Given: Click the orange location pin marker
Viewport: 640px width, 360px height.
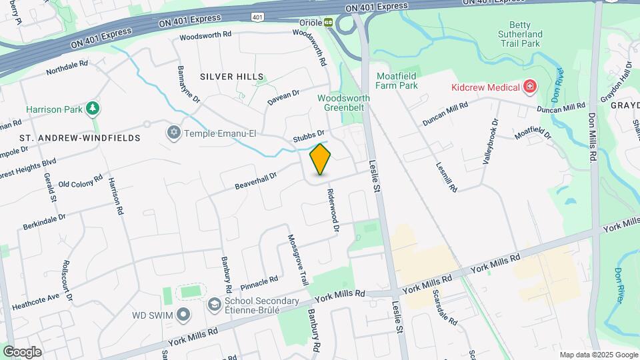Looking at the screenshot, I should [x=321, y=159].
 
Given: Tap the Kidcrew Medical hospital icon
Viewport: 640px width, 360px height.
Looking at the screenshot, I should [x=531, y=87].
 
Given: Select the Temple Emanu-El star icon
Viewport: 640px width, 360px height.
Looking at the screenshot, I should [x=174, y=133].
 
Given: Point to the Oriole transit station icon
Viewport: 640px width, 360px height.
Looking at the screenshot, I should [x=329, y=22].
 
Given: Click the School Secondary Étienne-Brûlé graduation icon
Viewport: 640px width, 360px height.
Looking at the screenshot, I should [x=215, y=305].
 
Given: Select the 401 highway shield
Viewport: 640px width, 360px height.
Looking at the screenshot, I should [x=258, y=15].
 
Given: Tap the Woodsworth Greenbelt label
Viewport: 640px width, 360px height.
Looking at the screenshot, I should [x=343, y=103].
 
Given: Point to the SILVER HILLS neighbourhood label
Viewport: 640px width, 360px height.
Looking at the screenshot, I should [x=231, y=77].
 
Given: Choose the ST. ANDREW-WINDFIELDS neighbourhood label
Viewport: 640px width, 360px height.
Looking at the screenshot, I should [x=79, y=138].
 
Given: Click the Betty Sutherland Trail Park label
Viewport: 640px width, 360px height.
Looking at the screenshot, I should [x=521, y=34].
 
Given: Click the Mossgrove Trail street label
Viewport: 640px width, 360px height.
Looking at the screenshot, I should [x=298, y=260].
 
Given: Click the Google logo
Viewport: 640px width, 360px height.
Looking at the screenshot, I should [x=22, y=351].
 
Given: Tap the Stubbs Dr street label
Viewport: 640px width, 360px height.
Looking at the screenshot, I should [x=309, y=137].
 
